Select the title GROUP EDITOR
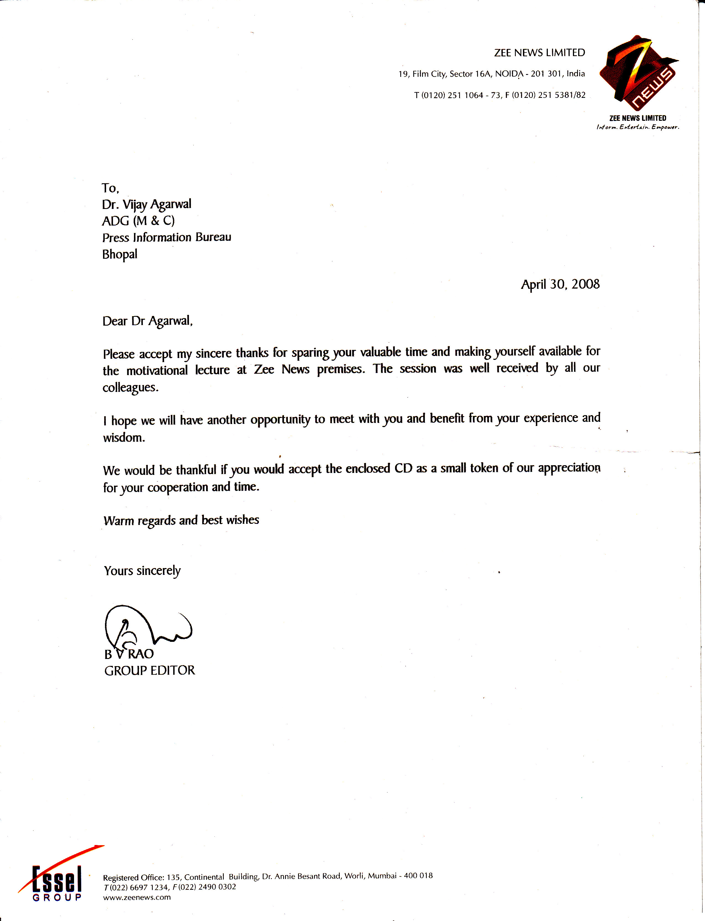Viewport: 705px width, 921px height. (x=149, y=670)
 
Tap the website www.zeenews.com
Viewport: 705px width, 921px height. (x=137, y=898)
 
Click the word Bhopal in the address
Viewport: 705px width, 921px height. (x=120, y=254)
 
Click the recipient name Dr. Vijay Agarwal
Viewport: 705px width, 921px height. (x=146, y=205)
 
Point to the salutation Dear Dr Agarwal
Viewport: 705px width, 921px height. (x=147, y=321)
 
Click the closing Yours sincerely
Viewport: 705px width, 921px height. (x=142, y=571)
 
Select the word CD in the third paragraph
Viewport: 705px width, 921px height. (x=403, y=468)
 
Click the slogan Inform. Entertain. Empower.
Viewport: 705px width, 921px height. (x=637, y=127)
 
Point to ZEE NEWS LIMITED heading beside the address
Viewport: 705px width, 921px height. (x=539, y=53)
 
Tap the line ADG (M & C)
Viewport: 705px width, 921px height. (x=138, y=221)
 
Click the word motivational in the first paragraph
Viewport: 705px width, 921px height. (x=157, y=371)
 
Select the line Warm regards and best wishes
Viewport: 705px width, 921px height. (x=181, y=520)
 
